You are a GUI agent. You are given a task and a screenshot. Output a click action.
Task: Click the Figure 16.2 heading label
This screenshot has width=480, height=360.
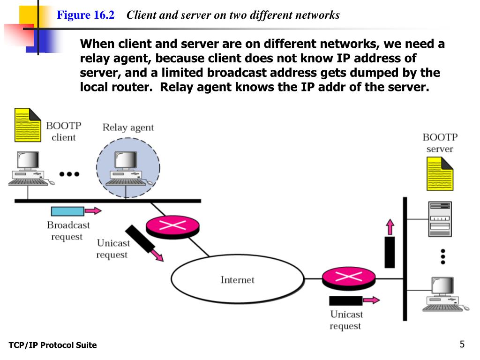86,15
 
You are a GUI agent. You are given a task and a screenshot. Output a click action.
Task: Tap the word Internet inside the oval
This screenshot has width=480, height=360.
237,280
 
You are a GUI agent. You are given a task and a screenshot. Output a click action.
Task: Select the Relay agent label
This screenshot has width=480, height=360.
128,127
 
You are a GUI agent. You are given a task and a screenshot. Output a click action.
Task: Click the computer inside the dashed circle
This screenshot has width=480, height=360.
126,169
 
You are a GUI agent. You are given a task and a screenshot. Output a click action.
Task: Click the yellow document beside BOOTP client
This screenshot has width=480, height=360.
28,125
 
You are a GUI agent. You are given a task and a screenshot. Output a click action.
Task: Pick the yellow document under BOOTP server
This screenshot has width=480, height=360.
440,173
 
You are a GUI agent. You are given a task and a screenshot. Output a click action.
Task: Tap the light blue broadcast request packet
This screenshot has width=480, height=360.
67,211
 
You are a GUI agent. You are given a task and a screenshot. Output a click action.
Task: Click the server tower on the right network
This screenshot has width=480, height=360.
440,219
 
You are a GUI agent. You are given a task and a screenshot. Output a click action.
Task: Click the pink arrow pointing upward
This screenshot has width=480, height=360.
390,227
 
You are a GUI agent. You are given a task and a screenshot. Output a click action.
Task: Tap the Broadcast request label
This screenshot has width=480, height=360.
68,231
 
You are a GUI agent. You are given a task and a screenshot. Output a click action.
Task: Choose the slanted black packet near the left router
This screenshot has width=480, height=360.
140,239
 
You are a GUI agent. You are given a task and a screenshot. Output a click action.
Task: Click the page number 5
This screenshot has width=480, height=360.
462,344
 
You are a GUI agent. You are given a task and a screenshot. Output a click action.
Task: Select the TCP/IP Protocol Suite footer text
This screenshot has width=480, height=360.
52,345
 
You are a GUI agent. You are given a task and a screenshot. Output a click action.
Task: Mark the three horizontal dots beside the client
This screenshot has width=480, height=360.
69,174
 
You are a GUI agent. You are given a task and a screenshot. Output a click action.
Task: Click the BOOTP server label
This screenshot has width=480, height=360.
440,143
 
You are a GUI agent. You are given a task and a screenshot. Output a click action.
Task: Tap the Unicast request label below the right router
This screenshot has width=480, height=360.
346,320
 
